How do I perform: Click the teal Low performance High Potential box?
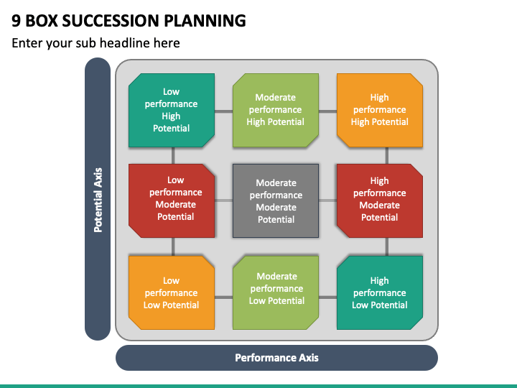(x=172, y=110)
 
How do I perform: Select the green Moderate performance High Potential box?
(x=276, y=110)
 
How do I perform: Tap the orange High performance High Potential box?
(x=380, y=110)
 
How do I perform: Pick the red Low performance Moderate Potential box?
(x=172, y=200)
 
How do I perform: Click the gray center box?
(x=276, y=200)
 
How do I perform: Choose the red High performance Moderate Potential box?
(x=380, y=200)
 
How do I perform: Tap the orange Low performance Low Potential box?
(x=172, y=292)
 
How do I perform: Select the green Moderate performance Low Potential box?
(x=276, y=292)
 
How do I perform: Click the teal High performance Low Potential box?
(x=380, y=292)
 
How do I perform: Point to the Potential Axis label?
(x=98, y=200)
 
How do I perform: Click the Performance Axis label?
(x=276, y=358)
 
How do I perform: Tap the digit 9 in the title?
(x=16, y=20)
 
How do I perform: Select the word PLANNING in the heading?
(x=205, y=20)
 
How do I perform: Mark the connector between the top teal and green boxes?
(x=223, y=111)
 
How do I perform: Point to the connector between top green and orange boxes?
(x=327, y=111)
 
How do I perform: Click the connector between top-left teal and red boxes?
(x=173, y=155)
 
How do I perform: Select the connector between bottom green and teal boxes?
(x=327, y=297)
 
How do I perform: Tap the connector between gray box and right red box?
(x=327, y=200)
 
